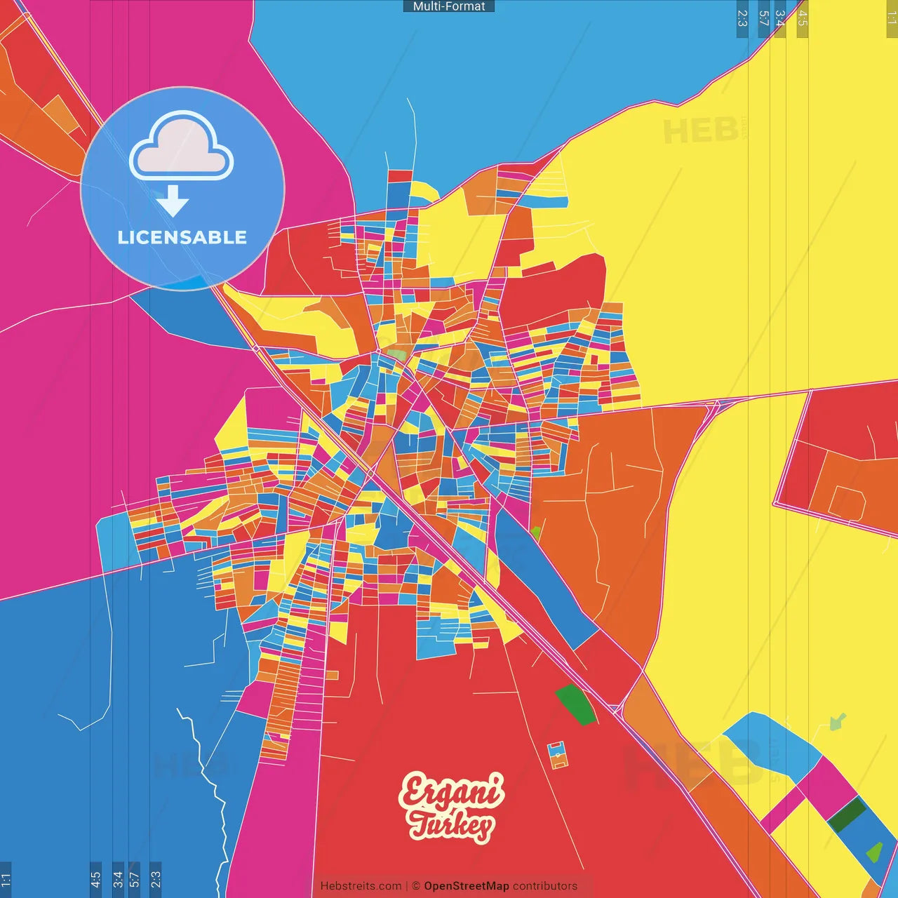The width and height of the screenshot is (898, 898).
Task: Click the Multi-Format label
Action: tap(449, 6)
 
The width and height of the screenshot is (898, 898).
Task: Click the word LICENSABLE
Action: tap(182, 238)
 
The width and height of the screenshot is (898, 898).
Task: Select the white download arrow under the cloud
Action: tap(173, 201)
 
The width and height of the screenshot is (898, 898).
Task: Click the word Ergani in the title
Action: tap(452, 791)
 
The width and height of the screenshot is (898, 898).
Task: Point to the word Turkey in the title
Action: tap(452, 825)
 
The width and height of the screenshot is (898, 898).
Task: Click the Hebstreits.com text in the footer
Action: tap(361, 886)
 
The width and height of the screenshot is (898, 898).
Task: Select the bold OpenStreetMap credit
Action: tap(466, 886)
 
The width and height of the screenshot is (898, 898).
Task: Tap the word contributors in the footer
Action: tap(545, 886)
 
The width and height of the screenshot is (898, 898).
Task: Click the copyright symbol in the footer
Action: tap(416, 886)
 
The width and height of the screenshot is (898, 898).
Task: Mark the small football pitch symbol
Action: tap(558, 754)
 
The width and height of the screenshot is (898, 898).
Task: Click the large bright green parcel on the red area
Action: tap(576, 705)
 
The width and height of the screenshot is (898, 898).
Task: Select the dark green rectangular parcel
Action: tap(847, 815)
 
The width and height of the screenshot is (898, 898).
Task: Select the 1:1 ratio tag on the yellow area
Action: tap(891, 18)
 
